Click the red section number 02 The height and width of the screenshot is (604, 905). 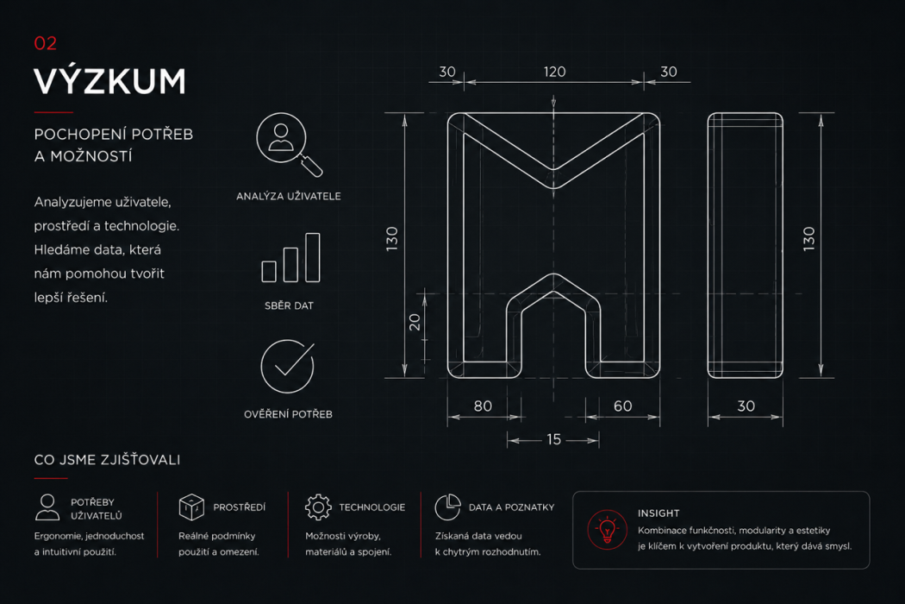click(x=45, y=43)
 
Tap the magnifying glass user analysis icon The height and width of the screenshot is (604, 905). click(x=289, y=144)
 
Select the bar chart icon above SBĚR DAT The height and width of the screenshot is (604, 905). click(x=290, y=257)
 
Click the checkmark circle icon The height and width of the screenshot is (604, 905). click(x=287, y=367)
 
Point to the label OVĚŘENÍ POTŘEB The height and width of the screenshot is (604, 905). click(x=288, y=414)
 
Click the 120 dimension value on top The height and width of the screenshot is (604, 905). click(x=554, y=72)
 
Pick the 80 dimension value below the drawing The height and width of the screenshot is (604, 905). click(x=483, y=406)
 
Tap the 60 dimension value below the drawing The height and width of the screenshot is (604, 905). click(x=622, y=406)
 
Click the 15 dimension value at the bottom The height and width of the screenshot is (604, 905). click(x=553, y=439)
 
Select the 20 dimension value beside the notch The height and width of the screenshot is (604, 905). click(x=415, y=322)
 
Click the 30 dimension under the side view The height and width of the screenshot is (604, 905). click(x=746, y=406)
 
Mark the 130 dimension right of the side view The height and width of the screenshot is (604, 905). click(x=808, y=238)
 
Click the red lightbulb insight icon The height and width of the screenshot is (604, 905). click(x=607, y=530)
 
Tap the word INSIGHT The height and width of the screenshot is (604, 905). click(x=658, y=513)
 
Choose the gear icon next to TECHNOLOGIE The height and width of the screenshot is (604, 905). click(x=318, y=507)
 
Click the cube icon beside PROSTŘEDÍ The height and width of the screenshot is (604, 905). click(x=191, y=506)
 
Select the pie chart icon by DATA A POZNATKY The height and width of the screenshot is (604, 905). click(x=447, y=506)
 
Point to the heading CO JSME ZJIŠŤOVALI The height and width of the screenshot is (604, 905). click(x=108, y=460)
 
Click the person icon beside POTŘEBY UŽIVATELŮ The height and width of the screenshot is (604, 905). click(x=47, y=507)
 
